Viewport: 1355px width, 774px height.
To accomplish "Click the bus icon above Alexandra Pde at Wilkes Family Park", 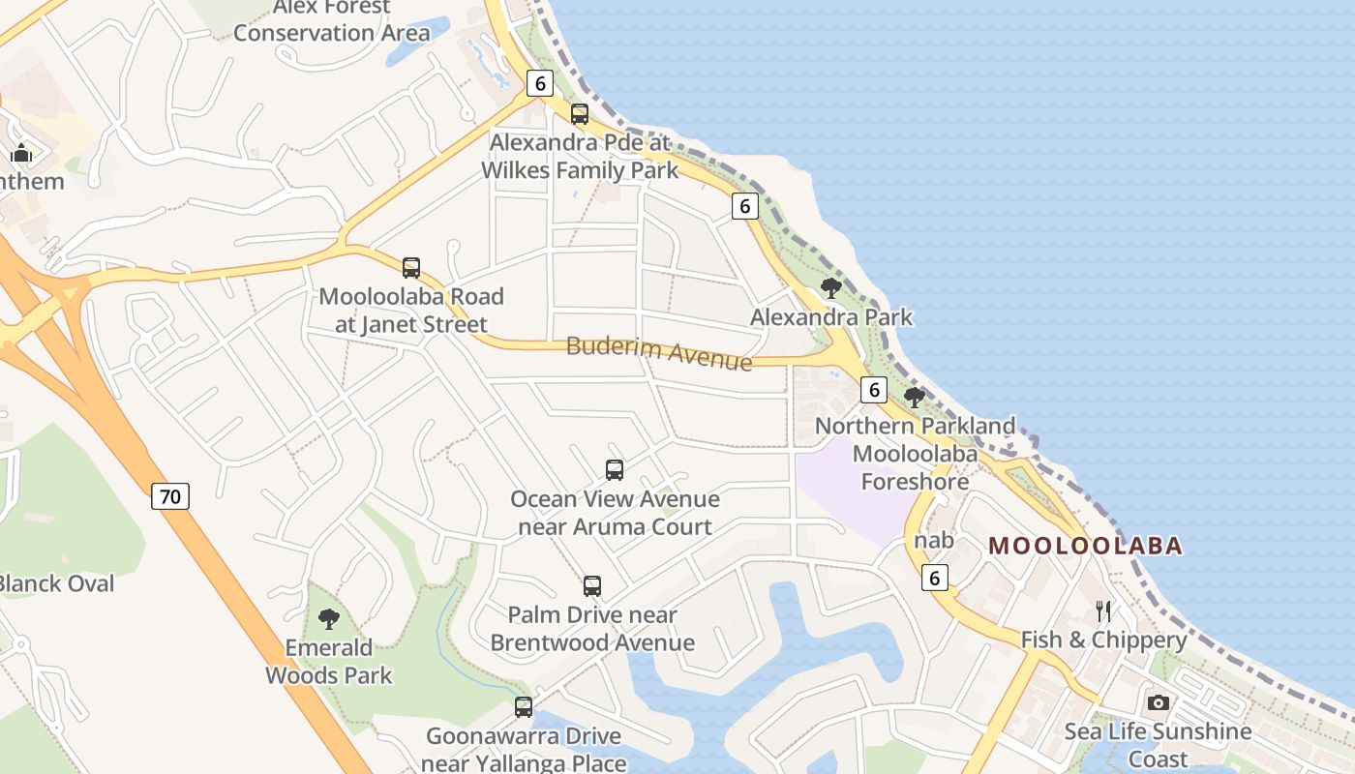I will (x=579, y=114).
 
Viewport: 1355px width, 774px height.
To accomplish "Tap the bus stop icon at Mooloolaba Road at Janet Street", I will (x=411, y=268).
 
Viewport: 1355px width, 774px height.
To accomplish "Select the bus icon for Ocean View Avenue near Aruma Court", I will (x=615, y=470).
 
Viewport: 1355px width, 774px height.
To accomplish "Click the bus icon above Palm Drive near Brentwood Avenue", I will (x=592, y=586).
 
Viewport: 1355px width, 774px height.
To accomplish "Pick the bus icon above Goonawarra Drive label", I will (x=524, y=707).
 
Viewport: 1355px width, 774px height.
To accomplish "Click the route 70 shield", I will (x=170, y=497).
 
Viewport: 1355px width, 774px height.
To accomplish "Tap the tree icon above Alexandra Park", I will (x=830, y=288).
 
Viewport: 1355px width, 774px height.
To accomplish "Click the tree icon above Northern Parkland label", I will (x=914, y=397).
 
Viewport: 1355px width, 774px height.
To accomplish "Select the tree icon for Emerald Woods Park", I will (x=329, y=619).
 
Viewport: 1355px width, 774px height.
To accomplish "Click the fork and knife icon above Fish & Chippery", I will (x=1102, y=610).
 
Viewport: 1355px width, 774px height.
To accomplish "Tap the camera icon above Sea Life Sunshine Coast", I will (x=1158, y=702).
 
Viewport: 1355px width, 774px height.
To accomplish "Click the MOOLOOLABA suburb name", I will (x=1085, y=546).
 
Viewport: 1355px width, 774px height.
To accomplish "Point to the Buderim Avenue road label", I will (x=659, y=353).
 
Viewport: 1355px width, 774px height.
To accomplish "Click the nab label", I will (x=933, y=540).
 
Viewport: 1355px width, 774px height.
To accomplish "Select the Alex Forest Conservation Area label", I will (x=331, y=20).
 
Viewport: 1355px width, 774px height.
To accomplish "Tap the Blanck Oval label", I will (x=56, y=583).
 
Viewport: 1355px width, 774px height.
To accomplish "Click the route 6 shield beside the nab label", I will (x=934, y=578).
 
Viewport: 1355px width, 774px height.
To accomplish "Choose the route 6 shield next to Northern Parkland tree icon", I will (x=873, y=390).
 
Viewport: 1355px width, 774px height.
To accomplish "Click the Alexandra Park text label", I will (x=831, y=317).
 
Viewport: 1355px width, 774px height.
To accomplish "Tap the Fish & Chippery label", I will (x=1103, y=640).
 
